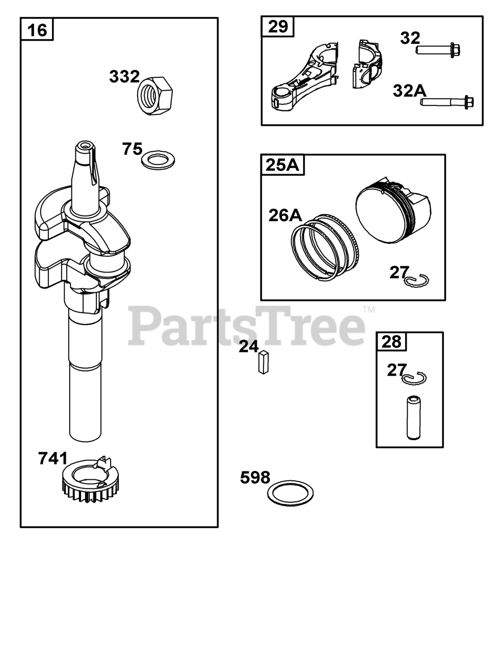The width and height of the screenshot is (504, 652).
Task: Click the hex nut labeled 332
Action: click(155, 96)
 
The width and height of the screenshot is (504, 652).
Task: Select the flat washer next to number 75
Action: click(158, 160)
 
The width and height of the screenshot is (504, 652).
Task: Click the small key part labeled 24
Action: click(263, 362)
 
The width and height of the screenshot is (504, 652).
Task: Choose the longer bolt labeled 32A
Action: click(446, 102)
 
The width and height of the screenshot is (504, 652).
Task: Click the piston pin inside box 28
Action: click(414, 418)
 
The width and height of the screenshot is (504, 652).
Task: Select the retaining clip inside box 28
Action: click(414, 378)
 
